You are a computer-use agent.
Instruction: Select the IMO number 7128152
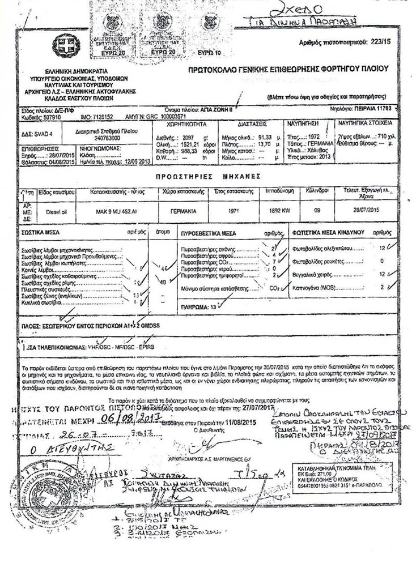click(x=100, y=114)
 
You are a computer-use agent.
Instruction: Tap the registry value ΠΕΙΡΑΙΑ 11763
click(x=371, y=106)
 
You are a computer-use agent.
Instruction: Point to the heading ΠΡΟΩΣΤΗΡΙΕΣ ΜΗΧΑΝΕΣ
click(x=209, y=177)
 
